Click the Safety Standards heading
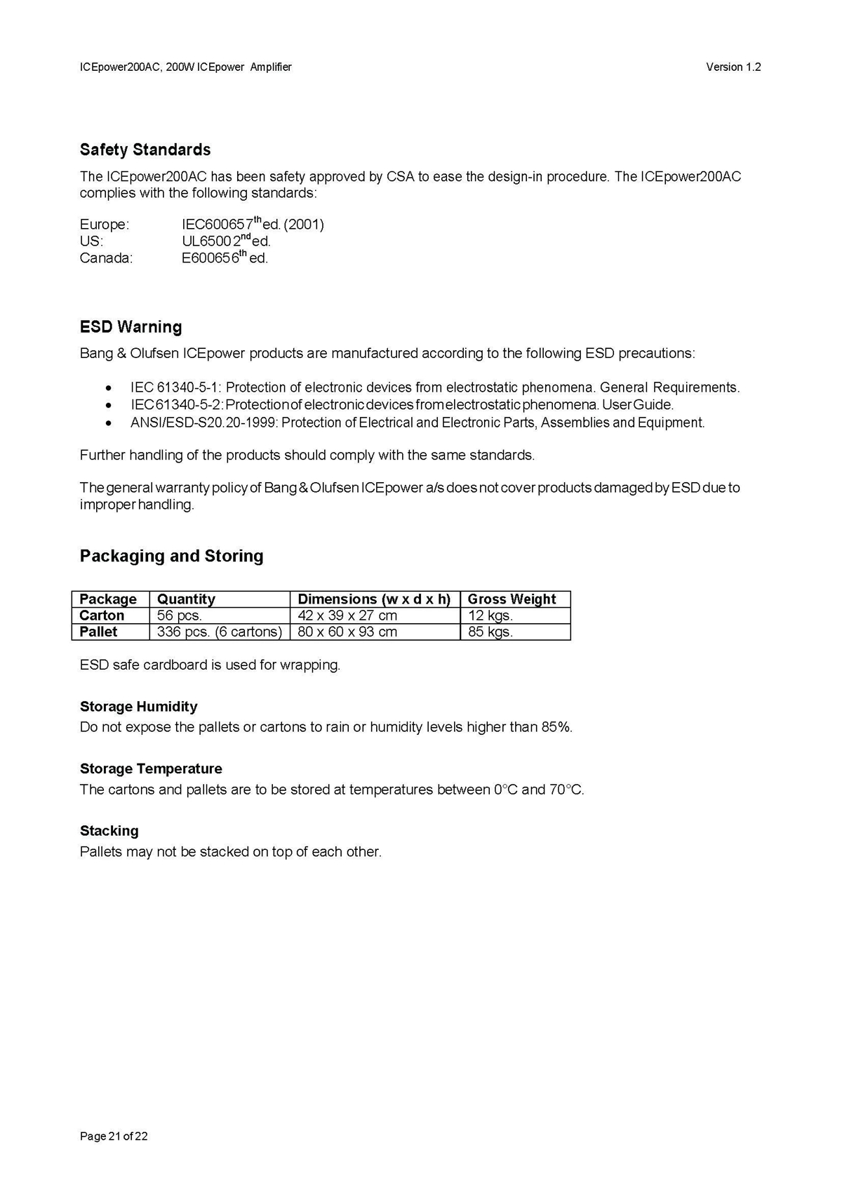(x=145, y=149)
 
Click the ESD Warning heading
(x=131, y=327)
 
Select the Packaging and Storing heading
(x=171, y=556)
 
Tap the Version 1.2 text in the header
(x=733, y=67)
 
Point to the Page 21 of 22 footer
(x=114, y=1136)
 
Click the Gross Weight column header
(x=512, y=599)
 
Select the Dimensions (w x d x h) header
(x=374, y=599)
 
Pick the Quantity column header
(x=186, y=599)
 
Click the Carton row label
(x=102, y=616)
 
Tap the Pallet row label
(x=98, y=632)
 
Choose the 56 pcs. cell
(x=180, y=616)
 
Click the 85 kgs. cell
(x=490, y=632)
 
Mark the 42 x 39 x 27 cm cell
(x=347, y=616)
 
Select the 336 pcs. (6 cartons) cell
(x=219, y=632)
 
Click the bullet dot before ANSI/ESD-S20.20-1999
(x=108, y=423)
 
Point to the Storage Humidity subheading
(x=138, y=707)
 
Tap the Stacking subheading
(x=109, y=831)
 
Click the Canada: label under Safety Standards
(x=106, y=258)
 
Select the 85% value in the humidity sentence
(x=556, y=727)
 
